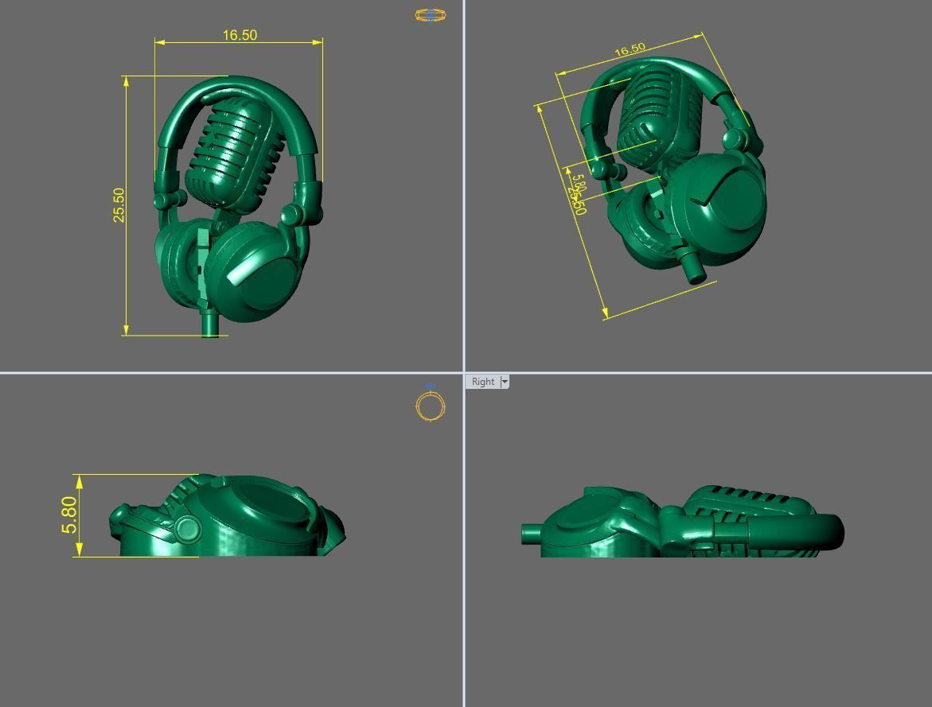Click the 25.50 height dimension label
click(119, 205)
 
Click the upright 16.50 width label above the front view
click(240, 35)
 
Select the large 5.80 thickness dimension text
click(69, 515)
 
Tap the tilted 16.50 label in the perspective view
click(630, 50)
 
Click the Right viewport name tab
click(482, 382)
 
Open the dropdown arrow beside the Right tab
click(505, 382)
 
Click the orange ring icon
click(431, 406)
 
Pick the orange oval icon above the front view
click(430, 14)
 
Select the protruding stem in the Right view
click(532, 533)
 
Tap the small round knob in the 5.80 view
click(188, 528)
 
